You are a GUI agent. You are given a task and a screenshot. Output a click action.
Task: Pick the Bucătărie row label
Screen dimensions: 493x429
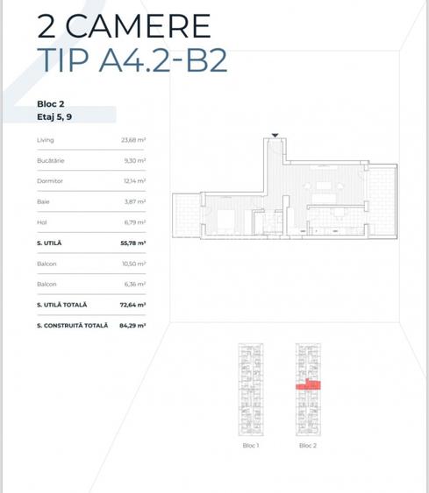point(51,160)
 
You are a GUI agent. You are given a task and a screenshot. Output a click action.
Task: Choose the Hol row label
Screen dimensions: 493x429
point(42,222)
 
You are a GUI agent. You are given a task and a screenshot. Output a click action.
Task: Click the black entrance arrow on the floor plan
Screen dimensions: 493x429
point(275,135)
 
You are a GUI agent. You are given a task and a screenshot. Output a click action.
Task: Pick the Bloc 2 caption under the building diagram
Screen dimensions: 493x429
point(307,446)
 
